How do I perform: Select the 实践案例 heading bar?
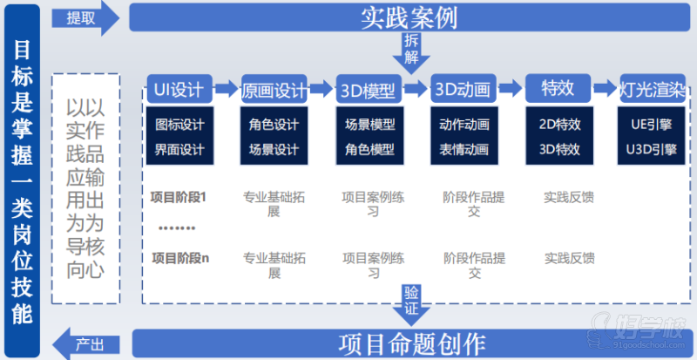click(x=409, y=17)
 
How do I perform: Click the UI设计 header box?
click(x=179, y=89)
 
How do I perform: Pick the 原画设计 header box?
click(x=274, y=90)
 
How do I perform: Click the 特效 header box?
click(x=558, y=89)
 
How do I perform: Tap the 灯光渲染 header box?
click(x=653, y=90)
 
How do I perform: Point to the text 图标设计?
click(x=179, y=124)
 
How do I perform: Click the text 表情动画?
click(x=464, y=149)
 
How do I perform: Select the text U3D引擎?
click(x=652, y=149)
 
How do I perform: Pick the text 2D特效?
click(x=559, y=124)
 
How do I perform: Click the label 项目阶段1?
click(x=179, y=197)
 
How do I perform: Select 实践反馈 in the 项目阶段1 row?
click(x=569, y=197)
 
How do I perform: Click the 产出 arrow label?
click(x=87, y=341)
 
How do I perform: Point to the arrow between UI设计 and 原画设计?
click(x=226, y=89)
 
